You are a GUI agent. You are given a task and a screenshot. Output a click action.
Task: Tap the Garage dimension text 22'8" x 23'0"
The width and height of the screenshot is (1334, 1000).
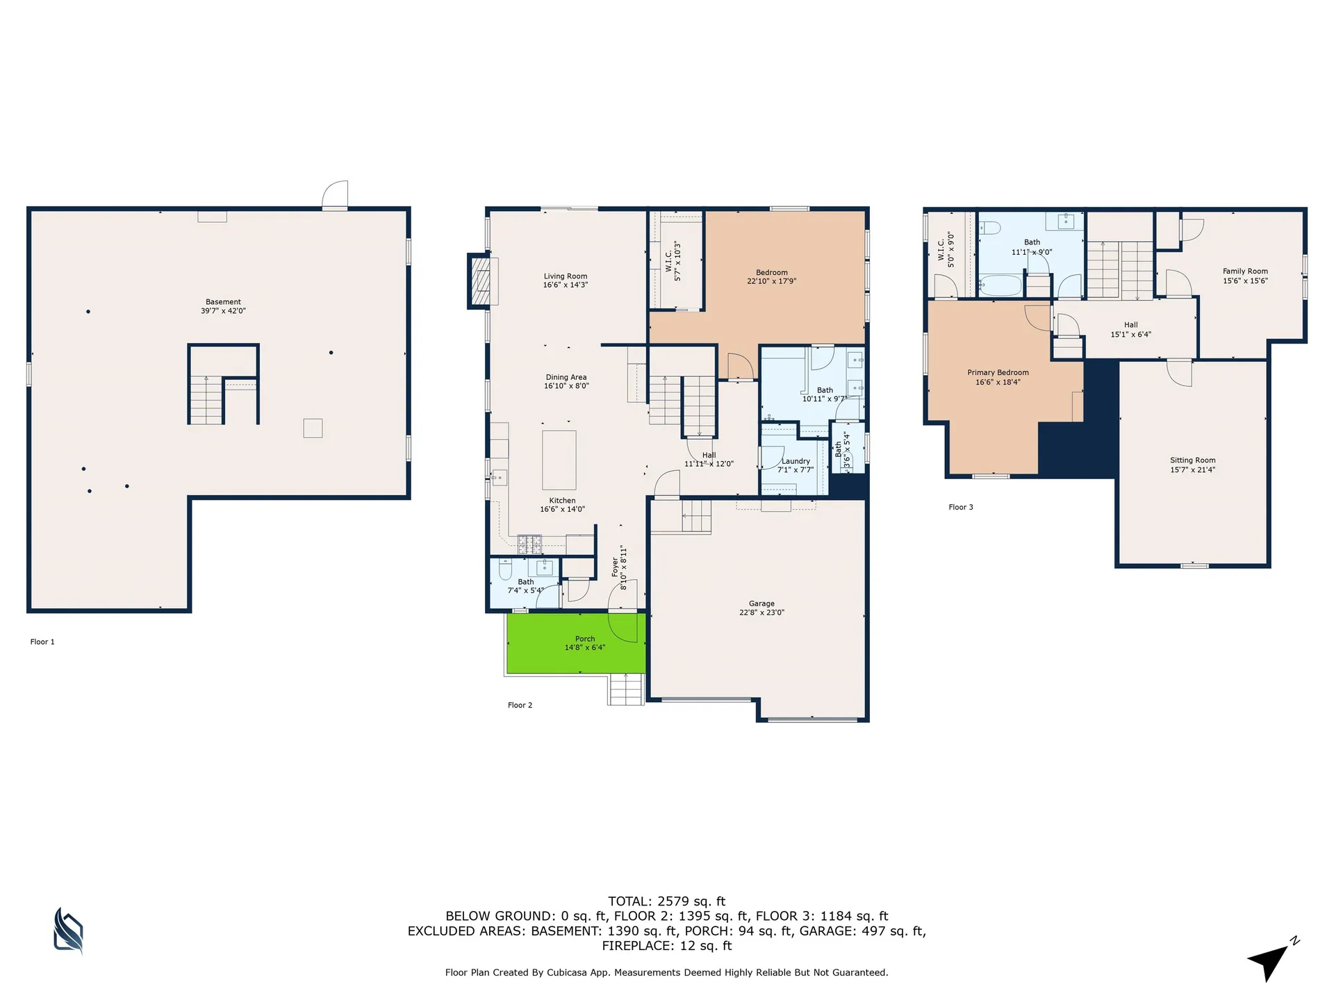[761, 612]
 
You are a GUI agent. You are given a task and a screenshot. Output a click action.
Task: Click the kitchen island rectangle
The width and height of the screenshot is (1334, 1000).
[559, 460]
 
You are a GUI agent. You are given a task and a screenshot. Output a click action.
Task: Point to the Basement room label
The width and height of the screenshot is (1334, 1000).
[223, 302]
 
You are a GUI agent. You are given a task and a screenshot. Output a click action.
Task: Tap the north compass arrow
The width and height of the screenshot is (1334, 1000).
[1271, 960]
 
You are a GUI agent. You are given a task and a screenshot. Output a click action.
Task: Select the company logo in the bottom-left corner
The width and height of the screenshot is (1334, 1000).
[68, 931]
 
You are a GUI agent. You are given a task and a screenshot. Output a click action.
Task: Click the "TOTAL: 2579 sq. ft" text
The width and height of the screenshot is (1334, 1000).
[666, 901]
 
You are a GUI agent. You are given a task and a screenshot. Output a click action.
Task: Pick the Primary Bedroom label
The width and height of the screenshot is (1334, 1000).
[998, 373]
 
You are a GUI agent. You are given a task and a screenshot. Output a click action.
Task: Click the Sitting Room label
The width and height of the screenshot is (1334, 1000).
[1192, 460]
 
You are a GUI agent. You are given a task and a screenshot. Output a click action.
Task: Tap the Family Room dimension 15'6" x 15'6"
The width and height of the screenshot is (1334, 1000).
[1245, 281]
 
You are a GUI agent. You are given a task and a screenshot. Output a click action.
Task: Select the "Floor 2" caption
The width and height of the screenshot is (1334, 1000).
[520, 705]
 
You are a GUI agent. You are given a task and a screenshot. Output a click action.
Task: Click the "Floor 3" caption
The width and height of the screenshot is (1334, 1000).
[961, 507]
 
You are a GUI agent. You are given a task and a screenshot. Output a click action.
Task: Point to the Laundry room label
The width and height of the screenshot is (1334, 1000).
[796, 461]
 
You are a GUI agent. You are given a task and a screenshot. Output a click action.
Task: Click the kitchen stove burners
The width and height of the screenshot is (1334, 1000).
[529, 544]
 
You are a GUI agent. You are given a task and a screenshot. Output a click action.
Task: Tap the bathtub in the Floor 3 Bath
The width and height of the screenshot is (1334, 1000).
[1000, 285]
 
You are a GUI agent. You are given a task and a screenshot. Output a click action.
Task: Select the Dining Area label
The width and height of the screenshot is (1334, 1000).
[566, 377]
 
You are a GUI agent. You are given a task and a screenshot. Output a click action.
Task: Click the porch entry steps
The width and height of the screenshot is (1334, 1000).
[627, 689]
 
